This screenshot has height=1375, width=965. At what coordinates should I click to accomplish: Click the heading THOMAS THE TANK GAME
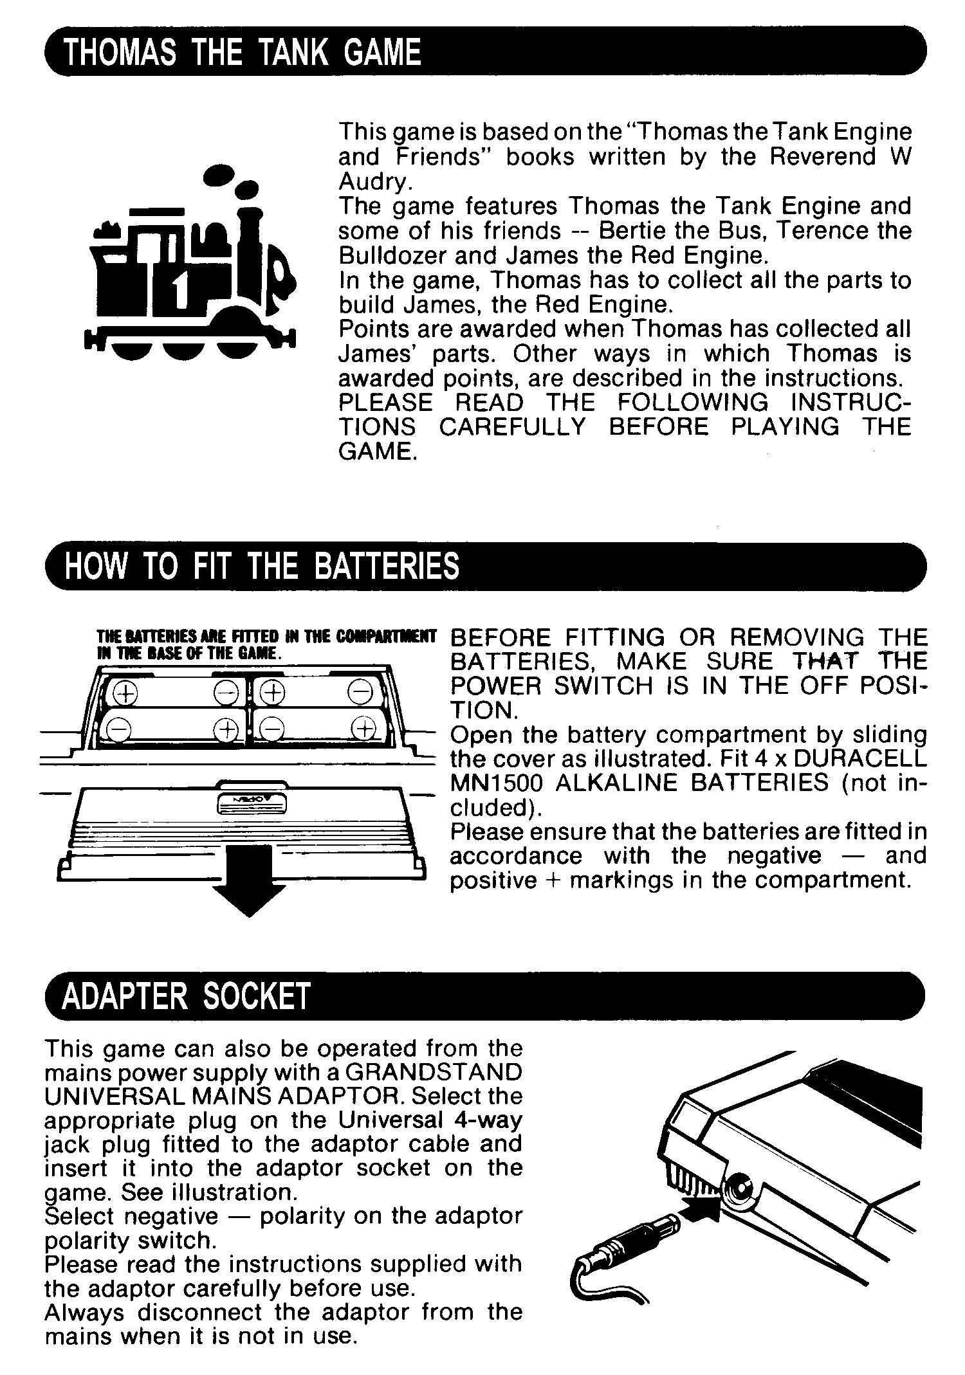[x=243, y=51]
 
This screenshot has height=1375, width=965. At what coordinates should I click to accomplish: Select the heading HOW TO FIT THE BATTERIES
[x=262, y=566]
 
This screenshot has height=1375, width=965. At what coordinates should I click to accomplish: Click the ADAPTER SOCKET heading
[x=187, y=996]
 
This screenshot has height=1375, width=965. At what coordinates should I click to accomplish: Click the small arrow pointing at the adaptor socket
[x=701, y=1209]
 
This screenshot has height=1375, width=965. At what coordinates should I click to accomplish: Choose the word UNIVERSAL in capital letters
[x=110, y=1096]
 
